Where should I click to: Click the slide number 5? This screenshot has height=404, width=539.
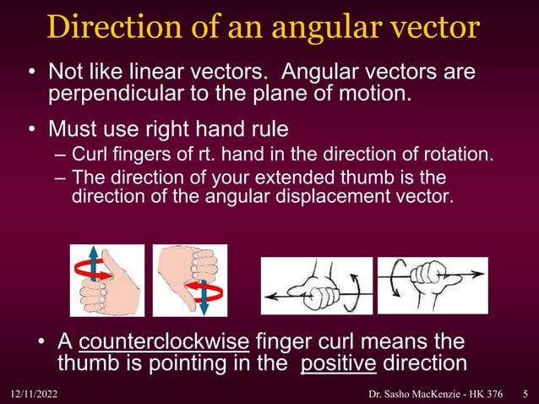(525, 394)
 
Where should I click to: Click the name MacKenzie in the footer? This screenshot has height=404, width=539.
(432, 394)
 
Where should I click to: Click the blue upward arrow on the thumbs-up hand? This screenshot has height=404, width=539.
(94, 258)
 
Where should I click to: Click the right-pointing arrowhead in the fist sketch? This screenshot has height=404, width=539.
(480, 272)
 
